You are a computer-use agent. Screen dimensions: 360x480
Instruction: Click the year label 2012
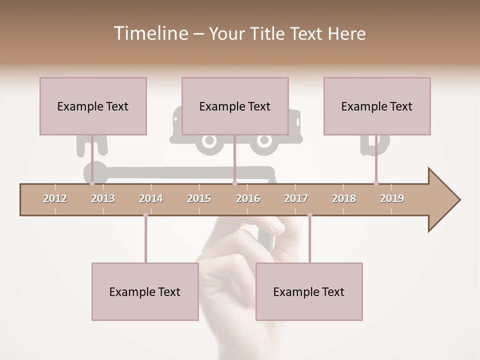[55, 198]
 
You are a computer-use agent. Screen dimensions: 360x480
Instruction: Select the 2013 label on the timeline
[103, 198]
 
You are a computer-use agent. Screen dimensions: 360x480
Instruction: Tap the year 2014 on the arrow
[151, 198]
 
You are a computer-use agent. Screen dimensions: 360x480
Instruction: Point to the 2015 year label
[199, 198]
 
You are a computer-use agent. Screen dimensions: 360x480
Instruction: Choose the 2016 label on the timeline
[248, 198]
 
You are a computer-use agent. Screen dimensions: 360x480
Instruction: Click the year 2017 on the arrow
[296, 198]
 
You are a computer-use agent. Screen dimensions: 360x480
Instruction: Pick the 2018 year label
[344, 198]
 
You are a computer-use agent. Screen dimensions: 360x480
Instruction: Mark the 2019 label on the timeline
[392, 198]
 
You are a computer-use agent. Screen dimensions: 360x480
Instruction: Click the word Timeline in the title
[150, 33]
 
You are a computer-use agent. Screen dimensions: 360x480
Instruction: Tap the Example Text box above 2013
[93, 106]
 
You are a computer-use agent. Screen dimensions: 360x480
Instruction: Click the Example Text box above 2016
[235, 106]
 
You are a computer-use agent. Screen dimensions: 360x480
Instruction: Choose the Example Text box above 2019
[377, 106]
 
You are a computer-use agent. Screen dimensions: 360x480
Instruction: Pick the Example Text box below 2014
[145, 291]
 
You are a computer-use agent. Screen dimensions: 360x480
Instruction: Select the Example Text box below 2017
[309, 291]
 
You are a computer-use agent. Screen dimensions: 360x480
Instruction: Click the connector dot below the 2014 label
[145, 215]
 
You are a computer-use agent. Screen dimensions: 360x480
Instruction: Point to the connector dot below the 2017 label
[309, 215]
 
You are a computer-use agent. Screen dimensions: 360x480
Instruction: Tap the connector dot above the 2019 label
[376, 183]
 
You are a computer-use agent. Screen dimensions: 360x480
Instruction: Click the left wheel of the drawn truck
[207, 142]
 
